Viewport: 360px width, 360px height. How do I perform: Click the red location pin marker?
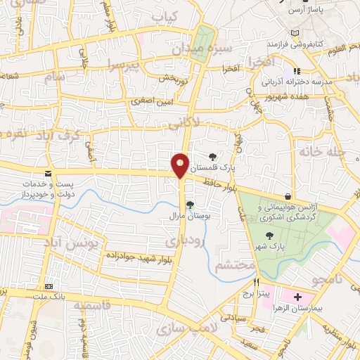(181, 166)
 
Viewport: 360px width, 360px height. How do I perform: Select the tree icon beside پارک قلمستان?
(213, 157)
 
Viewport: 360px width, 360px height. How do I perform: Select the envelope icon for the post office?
(47, 173)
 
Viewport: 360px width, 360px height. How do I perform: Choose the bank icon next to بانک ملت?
(48, 287)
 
